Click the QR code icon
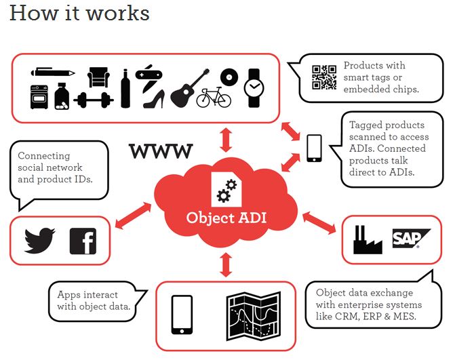[x=324, y=77]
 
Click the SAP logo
[x=412, y=238]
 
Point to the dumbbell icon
[x=94, y=99]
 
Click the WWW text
[x=161, y=151]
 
